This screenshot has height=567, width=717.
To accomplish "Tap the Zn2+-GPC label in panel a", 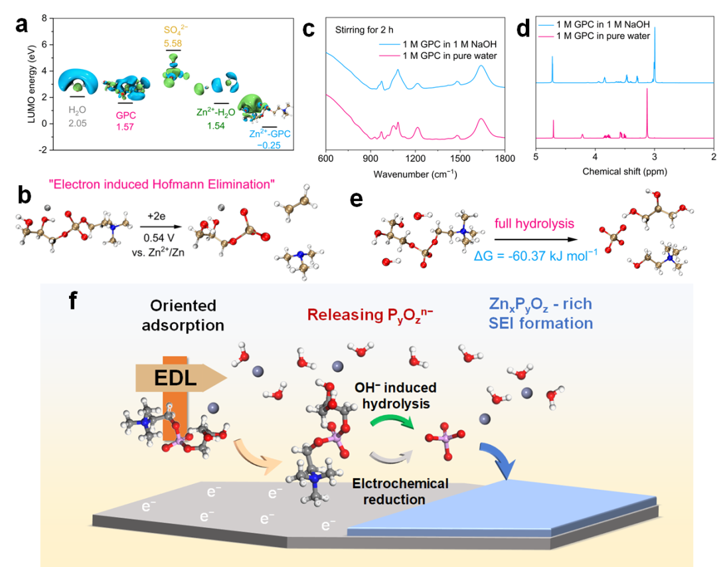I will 270,134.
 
